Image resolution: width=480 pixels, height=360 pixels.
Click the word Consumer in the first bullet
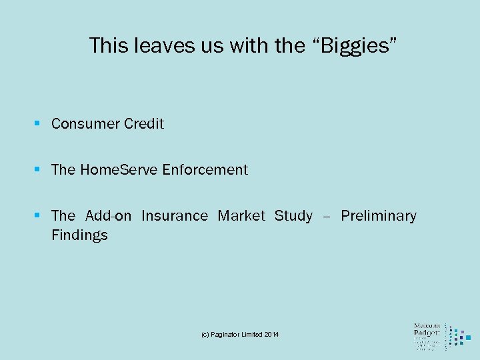pos(84,124)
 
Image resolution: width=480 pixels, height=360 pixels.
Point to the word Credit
pos(143,124)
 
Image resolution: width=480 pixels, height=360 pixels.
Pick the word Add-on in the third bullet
pos(109,216)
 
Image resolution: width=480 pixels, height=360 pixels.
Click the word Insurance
pos(175,216)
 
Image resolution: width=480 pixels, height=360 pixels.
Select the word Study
pos(293,216)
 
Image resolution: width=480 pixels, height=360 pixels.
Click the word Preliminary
pos(379,216)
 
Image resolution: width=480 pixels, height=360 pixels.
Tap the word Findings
pos(79,235)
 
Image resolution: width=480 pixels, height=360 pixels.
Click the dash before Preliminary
pos(327,217)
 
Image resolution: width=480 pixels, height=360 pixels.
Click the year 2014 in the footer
pos(271,334)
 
